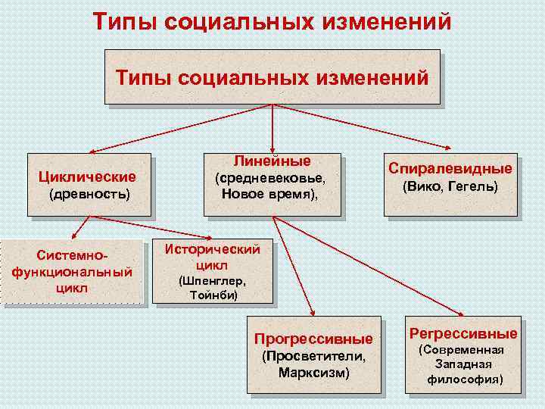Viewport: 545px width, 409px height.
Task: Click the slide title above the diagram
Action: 272,20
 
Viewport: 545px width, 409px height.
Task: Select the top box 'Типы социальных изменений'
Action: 272,76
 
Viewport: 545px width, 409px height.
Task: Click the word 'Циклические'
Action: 88,176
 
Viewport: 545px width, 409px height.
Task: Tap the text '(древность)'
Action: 89,195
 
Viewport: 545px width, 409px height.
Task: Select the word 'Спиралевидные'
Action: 450,168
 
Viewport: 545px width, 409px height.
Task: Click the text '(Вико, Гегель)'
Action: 450,186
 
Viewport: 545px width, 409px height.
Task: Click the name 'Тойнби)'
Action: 212,295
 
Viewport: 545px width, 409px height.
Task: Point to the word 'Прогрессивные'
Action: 313,339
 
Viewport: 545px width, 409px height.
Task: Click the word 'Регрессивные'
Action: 463,333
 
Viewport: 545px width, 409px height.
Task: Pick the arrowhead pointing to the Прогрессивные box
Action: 313,311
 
